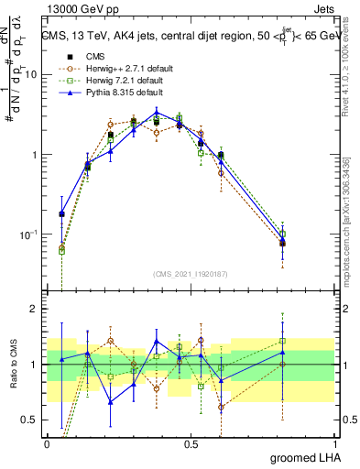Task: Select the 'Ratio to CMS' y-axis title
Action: point(14,365)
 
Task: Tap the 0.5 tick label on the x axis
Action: point(191,442)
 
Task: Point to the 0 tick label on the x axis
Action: point(47,442)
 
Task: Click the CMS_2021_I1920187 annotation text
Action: point(191,274)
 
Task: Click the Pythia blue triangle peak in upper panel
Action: point(157,113)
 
